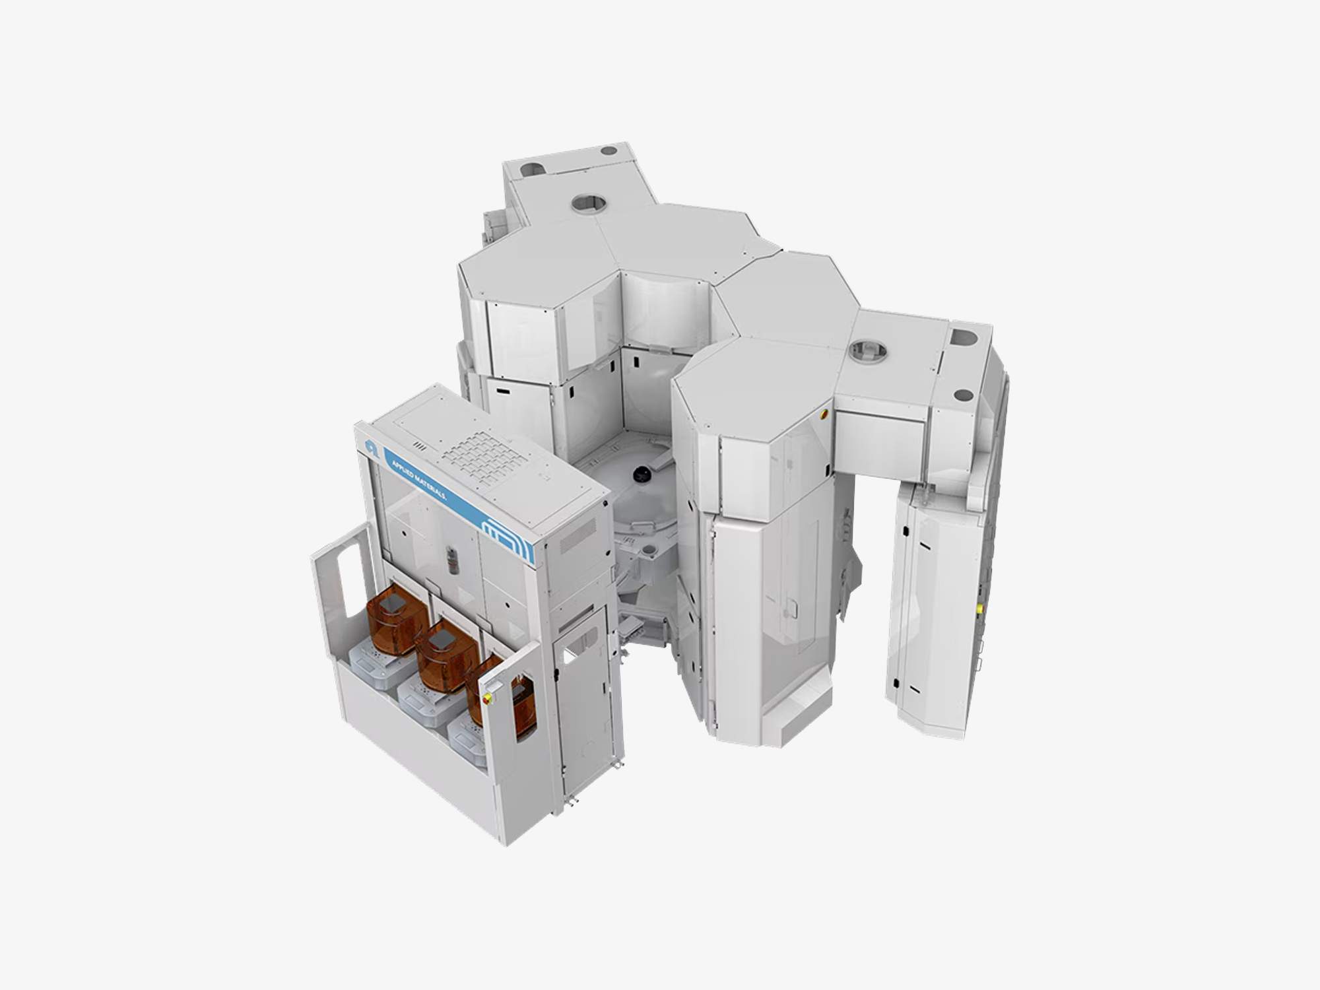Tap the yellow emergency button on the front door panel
(x=489, y=698)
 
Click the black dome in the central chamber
(x=640, y=474)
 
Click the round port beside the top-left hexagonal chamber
(x=589, y=203)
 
